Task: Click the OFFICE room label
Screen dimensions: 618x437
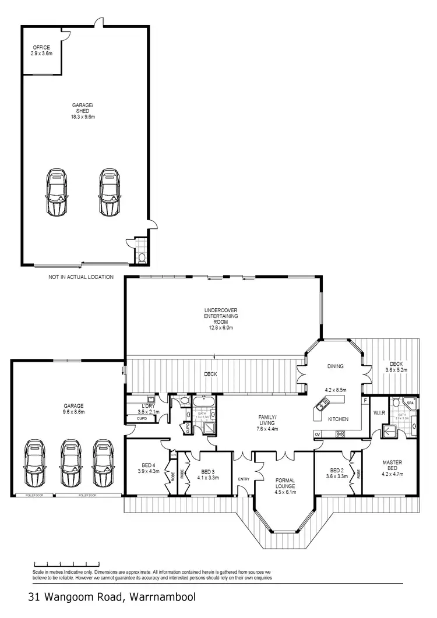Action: click(x=41, y=50)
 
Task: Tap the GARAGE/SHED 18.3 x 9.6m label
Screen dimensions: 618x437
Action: click(x=83, y=111)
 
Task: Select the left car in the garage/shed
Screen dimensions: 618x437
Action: click(x=57, y=192)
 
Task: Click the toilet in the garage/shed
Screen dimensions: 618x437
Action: click(x=142, y=256)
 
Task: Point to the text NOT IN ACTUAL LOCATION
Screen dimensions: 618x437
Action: click(x=81, y=277)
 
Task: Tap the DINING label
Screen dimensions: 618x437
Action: click(x=335, y=366)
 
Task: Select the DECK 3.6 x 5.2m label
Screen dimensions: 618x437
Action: click(x=396, y=366)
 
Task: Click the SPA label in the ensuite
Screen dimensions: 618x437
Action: click(x=410, y=402)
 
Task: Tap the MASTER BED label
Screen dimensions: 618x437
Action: click(x=392, y=468)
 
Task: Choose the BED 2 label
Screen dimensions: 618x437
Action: click(x=339, y=473)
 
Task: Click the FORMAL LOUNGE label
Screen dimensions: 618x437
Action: click(x=286, y=485)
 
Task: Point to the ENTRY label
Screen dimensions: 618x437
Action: click(x=244, y=479)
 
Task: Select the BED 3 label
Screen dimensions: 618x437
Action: click(x=209, y=474)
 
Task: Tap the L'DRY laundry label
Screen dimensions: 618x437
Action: click(x=147, y=408)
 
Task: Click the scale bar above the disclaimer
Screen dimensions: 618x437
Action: click(x=62, y=564)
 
